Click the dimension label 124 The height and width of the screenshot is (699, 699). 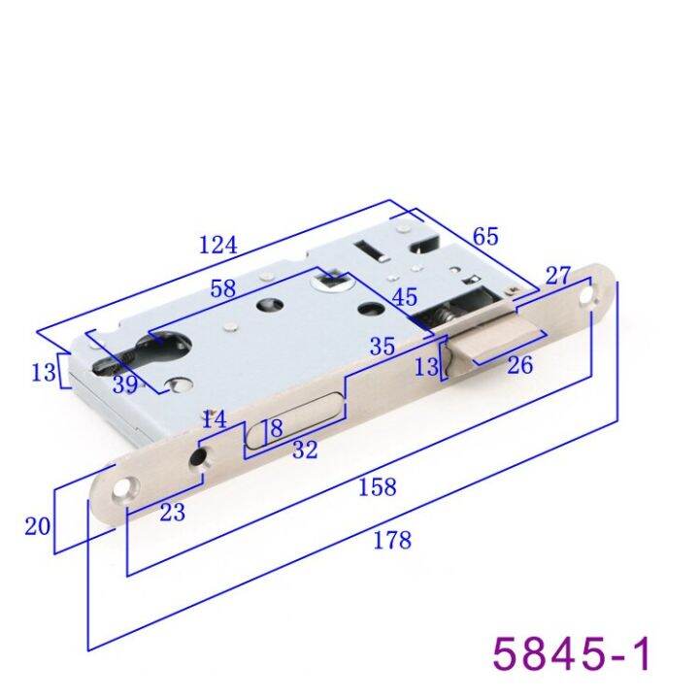point(217,245)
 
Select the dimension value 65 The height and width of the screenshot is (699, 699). point(485,236)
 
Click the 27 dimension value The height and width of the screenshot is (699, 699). point(557,276)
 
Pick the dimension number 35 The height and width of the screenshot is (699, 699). point(383,346)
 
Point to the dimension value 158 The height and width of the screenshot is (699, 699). point(378,487)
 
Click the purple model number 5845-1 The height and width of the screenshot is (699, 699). point(572,651)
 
